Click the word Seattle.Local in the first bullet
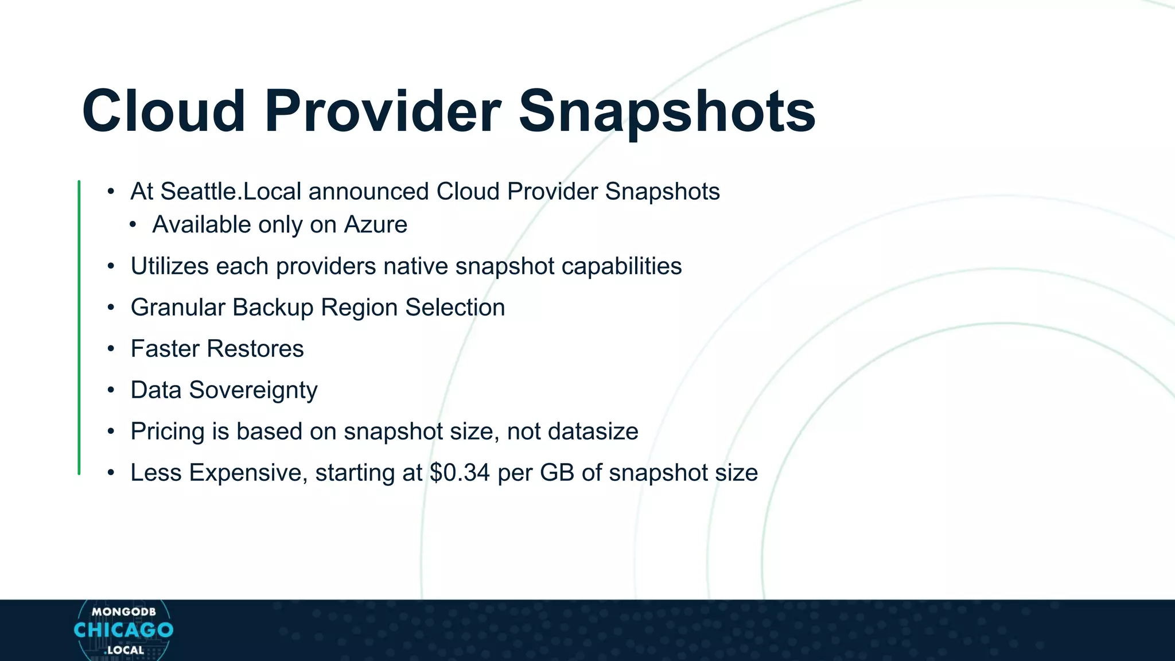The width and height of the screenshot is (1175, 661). (x=231, y=192)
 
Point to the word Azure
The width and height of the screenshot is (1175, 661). (x=375, y=225)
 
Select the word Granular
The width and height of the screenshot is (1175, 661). (x=178, y=308)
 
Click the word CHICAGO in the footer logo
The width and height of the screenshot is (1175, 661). (x=123, y=630)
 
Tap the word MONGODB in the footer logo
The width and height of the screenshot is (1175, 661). (x=123, y=612)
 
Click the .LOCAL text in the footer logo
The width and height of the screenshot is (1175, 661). (x=124, y=650)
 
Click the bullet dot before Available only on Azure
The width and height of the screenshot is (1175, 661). (x=133, y=225)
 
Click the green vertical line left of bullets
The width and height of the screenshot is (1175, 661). (x=79, y=327)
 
